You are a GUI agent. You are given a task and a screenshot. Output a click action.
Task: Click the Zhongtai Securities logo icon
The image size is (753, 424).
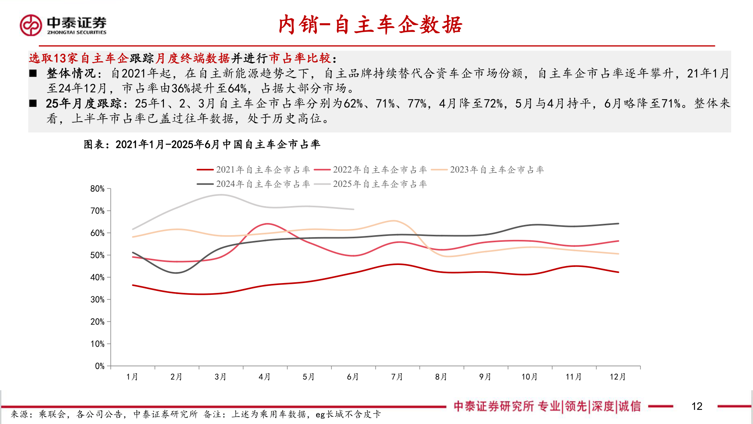tap(31, 25)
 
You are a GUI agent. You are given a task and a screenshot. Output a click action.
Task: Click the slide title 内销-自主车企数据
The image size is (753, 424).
tap(370, 25)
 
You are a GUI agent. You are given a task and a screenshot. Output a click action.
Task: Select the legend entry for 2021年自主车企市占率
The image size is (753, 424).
tap(253, 170)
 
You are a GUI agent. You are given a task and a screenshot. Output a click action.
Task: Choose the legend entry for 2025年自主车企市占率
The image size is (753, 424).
tap(370, 184)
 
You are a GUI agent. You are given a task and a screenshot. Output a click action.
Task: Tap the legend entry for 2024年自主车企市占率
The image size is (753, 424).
tap(253, 184)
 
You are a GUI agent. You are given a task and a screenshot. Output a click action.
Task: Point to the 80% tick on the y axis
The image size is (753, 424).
tap(97, 189)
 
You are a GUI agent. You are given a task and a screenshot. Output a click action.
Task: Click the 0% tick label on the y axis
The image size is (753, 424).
tap(100, 366)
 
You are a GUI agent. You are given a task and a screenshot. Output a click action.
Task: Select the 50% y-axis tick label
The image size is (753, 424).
tap(97, 255)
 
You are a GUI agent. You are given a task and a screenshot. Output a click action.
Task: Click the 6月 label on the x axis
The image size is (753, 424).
tap(353, 377)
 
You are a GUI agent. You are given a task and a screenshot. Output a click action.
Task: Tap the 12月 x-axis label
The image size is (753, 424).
tap(618, 377)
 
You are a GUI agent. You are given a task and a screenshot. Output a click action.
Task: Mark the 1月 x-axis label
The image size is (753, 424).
tap(132, 377)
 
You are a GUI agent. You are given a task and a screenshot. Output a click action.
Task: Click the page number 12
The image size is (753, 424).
tap(697, 406)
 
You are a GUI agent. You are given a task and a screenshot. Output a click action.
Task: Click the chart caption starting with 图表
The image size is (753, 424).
tap(202, 144)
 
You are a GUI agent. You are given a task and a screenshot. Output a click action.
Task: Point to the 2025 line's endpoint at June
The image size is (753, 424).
tap(353, 209)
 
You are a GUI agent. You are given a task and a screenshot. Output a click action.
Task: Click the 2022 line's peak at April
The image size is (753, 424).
tap(267, 224)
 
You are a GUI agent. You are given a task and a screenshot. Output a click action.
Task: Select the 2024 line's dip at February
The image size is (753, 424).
tap(176, 273)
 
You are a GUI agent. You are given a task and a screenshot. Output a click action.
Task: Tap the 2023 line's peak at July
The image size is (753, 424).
tap(394, 221)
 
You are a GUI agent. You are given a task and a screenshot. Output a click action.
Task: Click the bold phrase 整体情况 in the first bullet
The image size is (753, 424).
tap(71, 73)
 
